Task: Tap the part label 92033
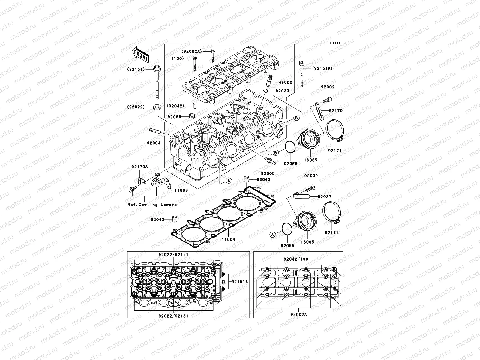282,91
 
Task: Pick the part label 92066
174,116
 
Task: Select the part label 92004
154,143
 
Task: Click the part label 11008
181,190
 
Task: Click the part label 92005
268,173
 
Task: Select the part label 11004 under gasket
229,239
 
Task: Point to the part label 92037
316,197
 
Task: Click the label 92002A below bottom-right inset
298,323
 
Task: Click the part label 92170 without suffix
335,111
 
